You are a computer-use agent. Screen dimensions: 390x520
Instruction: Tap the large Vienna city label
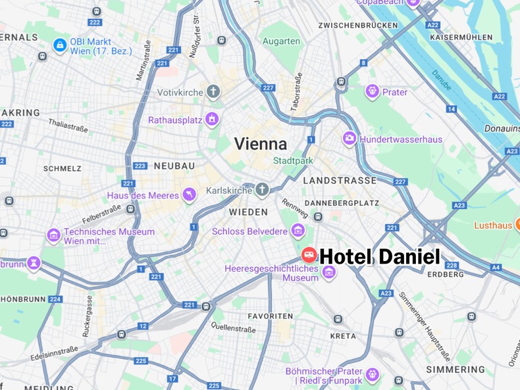tap(261, 144)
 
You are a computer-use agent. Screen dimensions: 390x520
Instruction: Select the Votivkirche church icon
tap(213, 92)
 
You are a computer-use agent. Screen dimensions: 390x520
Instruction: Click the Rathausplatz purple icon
tap(211, 120)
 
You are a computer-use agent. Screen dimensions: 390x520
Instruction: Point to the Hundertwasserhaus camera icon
tap(349, 139)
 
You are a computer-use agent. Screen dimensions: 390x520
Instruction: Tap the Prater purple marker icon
tap(372, 92)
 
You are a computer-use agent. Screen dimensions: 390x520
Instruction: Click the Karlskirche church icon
tap(262, 191)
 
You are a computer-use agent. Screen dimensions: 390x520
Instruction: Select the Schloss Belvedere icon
tap(298, 231)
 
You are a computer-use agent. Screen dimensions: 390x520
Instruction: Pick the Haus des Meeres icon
tap(190, 195)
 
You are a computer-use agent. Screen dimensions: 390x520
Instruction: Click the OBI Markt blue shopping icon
tap(60, 45)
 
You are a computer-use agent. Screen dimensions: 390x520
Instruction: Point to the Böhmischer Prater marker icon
tap(373, 375)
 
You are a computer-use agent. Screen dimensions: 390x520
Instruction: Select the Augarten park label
tap(281, 41)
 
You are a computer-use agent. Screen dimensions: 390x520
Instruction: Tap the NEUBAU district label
tap(174, 166)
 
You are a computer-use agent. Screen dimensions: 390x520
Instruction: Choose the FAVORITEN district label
tap(271, 316)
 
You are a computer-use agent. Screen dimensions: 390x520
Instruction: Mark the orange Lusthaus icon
tap(516, 225)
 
